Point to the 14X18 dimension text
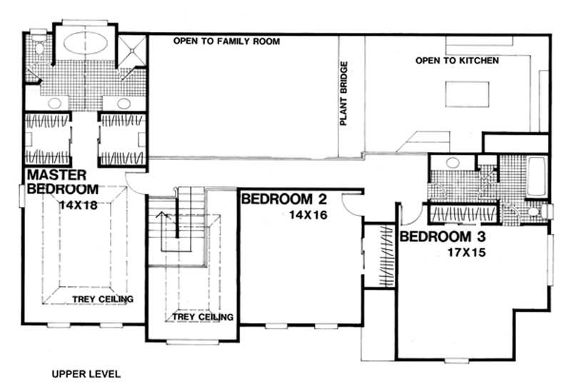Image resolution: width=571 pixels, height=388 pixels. [x=78, y=205]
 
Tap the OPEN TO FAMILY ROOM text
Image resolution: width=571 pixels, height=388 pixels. [x=226, y=42]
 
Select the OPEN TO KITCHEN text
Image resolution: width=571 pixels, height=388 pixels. [x=457, y=61]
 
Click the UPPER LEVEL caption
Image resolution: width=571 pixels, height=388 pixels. [x=86, y=373]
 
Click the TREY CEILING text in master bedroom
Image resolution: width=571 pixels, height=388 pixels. [x=103, y=299]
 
